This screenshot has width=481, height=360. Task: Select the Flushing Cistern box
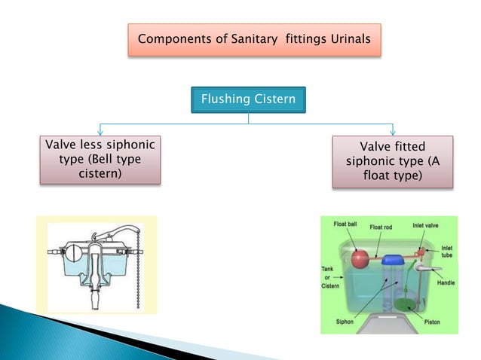click(x=248, y=99)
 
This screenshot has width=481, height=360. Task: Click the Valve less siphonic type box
click(x=102, y=159)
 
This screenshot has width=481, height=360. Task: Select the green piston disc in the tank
click(x=406, y=305)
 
